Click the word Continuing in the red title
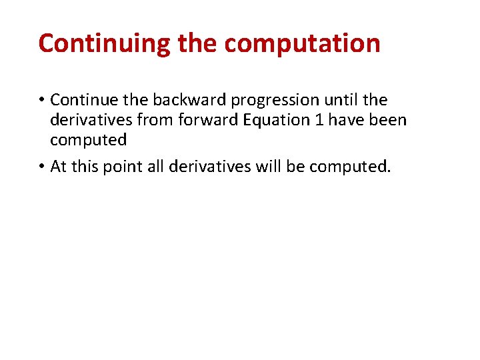click(x=104, y=43)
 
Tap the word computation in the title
click(x=302, y=43)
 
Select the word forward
click(x=199, y=120)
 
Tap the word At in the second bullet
click(x=59, y=166)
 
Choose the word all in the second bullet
click(x=154, y=166)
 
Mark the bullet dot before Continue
click(x=41, y=101)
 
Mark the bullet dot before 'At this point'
click(x=41, y=167)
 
